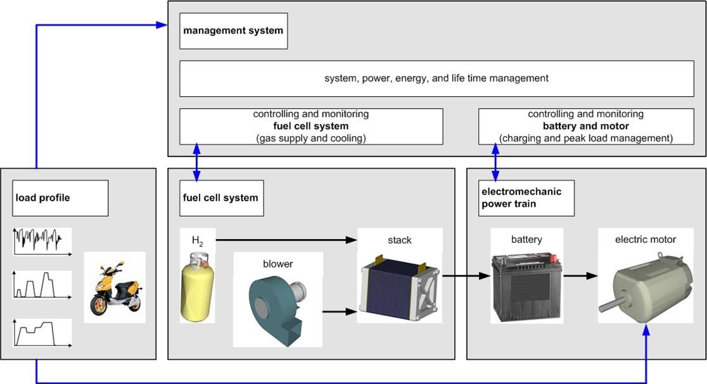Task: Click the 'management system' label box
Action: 233,30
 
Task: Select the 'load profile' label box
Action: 60,198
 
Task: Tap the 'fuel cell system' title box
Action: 216,198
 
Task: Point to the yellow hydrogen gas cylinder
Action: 198,286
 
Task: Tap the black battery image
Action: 526,288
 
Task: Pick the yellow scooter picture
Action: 115,288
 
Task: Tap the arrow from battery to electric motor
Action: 580,276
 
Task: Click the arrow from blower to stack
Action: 340,311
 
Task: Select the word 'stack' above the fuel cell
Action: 400,240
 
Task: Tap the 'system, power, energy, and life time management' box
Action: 436,79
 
